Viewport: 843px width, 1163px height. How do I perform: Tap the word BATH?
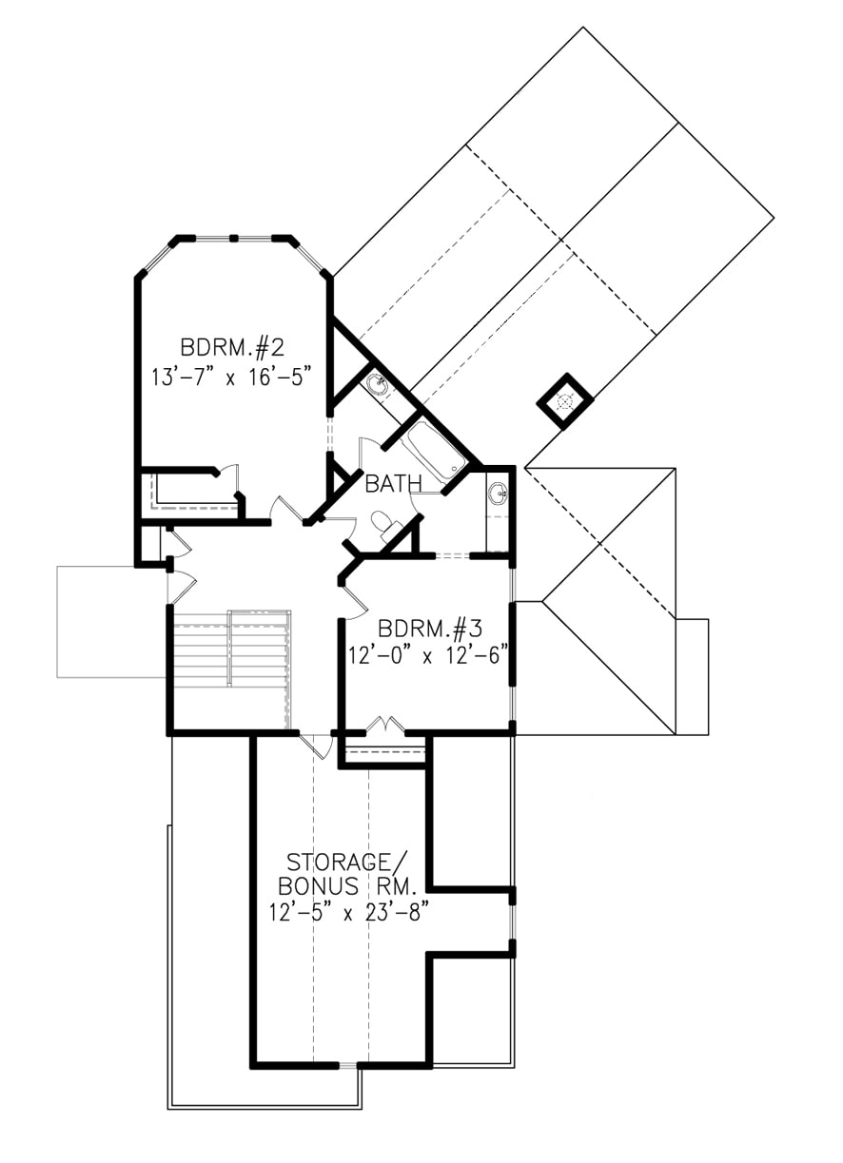[x=394, y=485]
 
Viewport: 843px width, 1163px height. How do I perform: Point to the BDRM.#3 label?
[x=431, y=630]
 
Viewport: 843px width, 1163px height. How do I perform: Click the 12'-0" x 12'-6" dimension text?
[x=431, y=654]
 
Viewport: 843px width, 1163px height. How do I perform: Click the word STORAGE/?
[x=340, y=863]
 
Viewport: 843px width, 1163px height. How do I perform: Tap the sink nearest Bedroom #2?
[x=377, y=385]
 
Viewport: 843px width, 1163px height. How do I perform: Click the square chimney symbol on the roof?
[x=564, y=402]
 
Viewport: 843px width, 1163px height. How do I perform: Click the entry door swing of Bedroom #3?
[x=353, y=597]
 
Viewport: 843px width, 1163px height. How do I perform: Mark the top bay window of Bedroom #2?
[x=233, y=237]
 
